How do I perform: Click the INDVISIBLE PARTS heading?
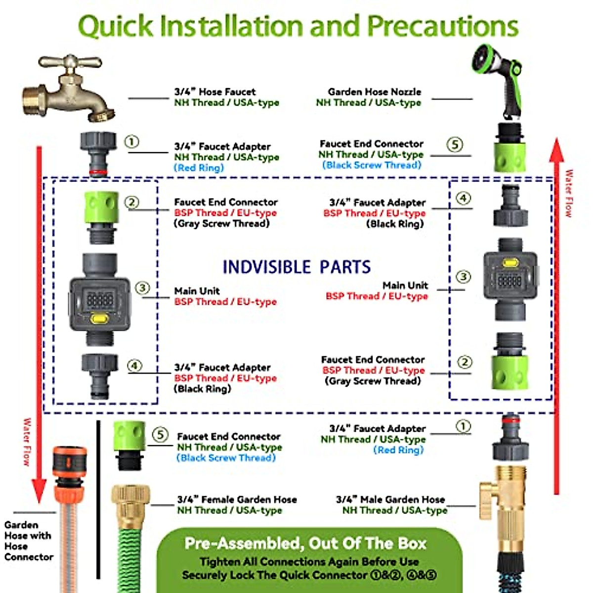pos(296,267)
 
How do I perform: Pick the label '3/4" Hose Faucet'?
pos(215,92)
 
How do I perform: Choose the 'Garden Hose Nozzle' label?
pos(375,92)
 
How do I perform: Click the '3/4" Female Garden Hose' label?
pos(237,500)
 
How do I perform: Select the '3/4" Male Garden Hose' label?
pos(390,500)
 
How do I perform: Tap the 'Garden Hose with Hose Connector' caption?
pos(28,541)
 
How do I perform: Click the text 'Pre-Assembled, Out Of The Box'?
pos(305,544)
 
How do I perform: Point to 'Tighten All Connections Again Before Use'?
pos(309,562)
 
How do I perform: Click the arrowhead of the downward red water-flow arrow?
pos(39,492)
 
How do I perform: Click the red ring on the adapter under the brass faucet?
pos(99,172)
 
